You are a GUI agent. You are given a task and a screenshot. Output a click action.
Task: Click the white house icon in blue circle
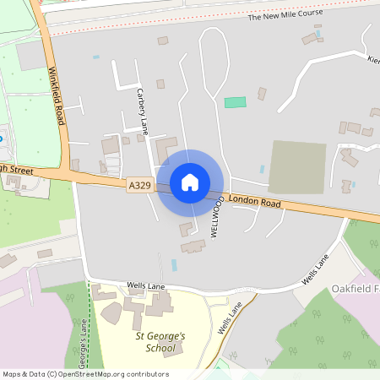[x=190, y=182]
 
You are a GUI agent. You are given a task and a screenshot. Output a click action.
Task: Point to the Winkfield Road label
[x=56, y=96]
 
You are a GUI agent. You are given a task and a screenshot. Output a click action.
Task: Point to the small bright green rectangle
[x=235, y=102]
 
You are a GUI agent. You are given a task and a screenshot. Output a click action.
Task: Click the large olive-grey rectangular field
[x=297, y=166]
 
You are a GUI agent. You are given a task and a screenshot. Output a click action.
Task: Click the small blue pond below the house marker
[x=174, y=264]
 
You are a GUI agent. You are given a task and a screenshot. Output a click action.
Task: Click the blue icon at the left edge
[x=2, y=139]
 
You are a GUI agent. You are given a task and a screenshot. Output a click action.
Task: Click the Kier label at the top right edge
[x=372, y=60]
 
